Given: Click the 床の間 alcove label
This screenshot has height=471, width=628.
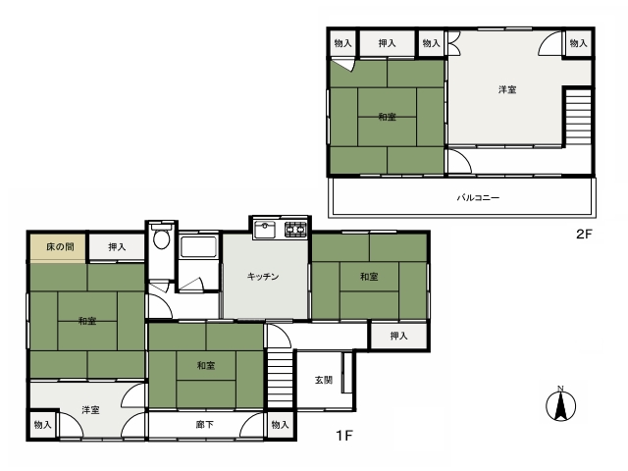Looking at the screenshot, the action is pos(60,246).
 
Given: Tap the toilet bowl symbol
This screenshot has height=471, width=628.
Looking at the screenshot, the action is pos(161,237).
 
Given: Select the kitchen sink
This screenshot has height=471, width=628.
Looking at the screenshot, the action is pos(265,230).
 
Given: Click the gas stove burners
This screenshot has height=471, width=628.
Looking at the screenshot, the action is pos(295,230).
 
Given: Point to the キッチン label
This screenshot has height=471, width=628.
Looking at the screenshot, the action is pos(263,277).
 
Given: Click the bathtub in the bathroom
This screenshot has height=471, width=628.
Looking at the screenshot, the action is pos(198,247).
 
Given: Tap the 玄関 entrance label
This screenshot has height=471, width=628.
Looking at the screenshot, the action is pos(324,380).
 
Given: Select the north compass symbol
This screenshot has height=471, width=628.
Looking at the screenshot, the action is pos(560,403).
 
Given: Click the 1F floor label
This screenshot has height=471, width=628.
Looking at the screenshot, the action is pos(344,436).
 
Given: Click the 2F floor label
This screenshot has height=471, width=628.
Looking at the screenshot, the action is pos(584,234).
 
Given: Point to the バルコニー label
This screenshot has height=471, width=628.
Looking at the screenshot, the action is pos(478,197).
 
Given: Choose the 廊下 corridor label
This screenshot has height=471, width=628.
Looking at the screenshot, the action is pos(205,425).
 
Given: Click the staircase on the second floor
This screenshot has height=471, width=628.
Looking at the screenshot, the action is pos(578,117).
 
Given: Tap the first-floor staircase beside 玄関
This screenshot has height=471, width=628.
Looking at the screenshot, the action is pos(280,379).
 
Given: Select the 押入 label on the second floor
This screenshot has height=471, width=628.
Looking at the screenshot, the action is pos(387,43).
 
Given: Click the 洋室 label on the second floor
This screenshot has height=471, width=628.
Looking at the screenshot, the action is pos(507,89).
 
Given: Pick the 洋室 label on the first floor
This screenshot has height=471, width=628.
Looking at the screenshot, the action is pos(90,410).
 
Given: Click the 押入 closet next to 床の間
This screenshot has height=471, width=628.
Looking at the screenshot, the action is pos(117,247).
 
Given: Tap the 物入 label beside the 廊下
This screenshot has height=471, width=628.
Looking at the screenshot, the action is pos(280,425).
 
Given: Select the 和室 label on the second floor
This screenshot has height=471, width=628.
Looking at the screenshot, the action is pos(387,117).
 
